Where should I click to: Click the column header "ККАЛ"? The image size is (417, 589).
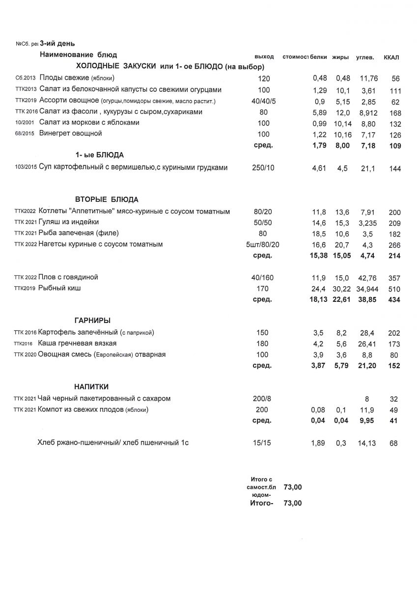click(x=391, y=58)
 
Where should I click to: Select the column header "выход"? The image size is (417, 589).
click(x=264, y=57)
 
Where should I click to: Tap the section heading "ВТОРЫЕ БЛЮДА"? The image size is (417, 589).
click(x=107, y=199)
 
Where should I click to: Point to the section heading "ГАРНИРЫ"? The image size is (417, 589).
click(x=92, y=321)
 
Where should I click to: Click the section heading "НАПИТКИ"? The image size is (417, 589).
click(x=91, y=386)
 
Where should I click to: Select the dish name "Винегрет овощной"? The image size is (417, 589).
click(x=70, y=134)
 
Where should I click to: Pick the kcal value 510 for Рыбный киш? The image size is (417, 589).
click(x=394, y=289)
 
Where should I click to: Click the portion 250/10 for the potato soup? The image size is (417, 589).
click(x=263, y=168)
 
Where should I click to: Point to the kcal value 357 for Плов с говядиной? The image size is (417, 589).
click(x=394, y=278)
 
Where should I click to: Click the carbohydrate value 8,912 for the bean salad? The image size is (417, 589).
click(x=366, y=112)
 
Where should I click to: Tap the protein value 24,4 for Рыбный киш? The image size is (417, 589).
click(x=319, y=289)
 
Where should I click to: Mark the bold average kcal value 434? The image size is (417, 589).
click(x=394, y=300)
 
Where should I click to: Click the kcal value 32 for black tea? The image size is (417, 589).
click(x=395, y=399)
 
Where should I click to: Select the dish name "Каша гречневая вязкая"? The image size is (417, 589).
click(x=77, y=343)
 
